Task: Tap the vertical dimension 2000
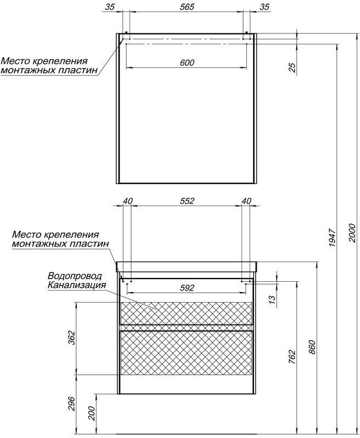tap(352, 234)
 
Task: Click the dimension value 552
tap(187, 201)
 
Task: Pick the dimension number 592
tap(187, 288)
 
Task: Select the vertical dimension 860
tap(312, 349)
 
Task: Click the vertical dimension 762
tap(291, 357)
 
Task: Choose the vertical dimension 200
tap(92, 411)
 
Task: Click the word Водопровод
tap(71, 276)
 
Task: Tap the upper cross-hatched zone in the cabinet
tap(186, 313)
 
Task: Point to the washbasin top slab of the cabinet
tap(187, 267)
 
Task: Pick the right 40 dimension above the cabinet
tap(246, 201)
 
